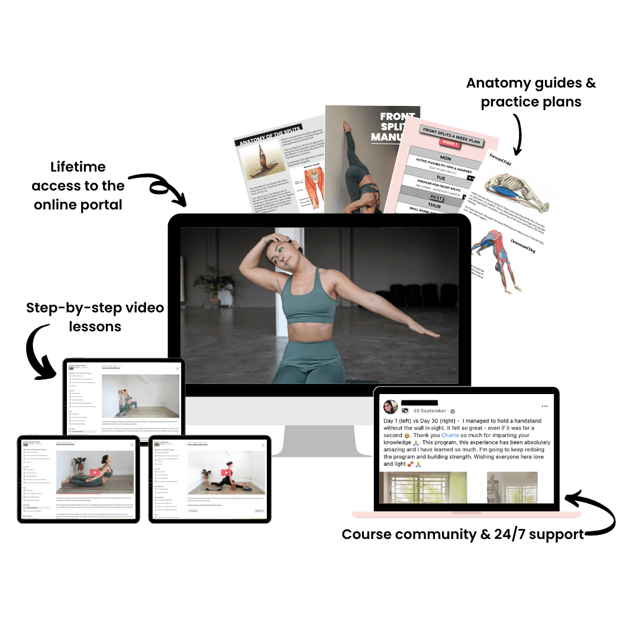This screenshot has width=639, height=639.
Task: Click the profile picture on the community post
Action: (x=390, y=407)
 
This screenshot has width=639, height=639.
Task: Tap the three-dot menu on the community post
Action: (x=544, y=406)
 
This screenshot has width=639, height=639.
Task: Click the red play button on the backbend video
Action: (x=94, y=472)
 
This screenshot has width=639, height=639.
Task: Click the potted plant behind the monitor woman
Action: (x=208, y=282)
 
